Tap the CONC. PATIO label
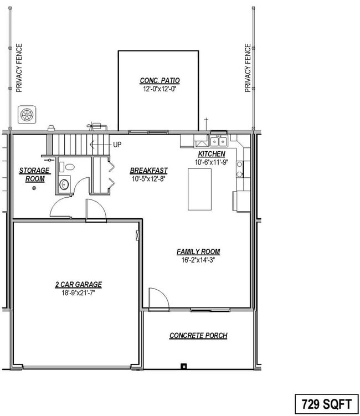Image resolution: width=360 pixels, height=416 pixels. [160, 81]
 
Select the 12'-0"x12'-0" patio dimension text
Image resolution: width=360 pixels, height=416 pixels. [160, 89]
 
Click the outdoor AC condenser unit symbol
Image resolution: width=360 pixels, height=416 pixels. [26, 115]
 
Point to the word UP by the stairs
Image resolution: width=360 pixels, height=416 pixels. [117, 145]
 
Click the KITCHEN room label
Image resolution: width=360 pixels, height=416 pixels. [212, 154]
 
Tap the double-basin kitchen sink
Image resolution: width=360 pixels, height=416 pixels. [219, 141]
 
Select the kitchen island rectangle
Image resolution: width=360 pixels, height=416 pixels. [199, 189]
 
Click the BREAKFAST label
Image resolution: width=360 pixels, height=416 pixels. [148, 171]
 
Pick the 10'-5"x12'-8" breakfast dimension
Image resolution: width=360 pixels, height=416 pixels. [148, 179]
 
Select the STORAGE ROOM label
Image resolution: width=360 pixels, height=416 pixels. [34, 174]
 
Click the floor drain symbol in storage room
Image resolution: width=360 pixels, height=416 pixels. [34, 188]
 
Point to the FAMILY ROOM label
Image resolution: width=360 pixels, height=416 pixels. [198, 251]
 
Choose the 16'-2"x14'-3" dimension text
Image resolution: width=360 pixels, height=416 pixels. [198, 260]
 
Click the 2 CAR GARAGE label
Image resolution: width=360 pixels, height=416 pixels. [78, 285]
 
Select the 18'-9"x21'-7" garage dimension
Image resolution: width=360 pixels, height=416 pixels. [78, 293]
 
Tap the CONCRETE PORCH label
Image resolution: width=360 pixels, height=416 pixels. [198, 336]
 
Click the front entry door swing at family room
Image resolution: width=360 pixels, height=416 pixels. [158, 298]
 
